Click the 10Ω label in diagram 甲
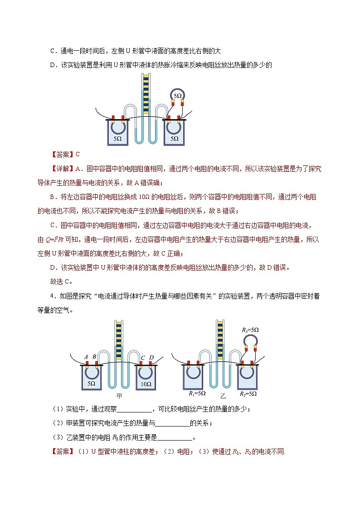coord(146,383)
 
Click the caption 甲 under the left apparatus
coord(119,395)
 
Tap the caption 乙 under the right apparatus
coord(222,395)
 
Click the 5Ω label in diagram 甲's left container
coord(91,383)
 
